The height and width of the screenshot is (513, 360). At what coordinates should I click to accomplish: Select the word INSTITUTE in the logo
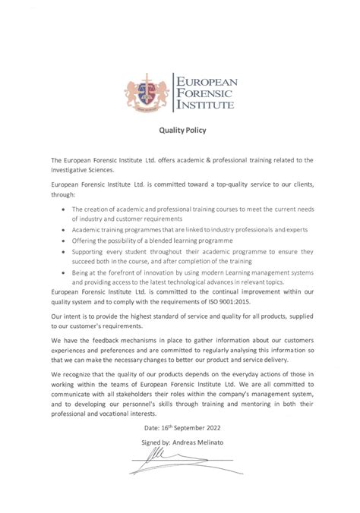[x=206, y=106]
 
